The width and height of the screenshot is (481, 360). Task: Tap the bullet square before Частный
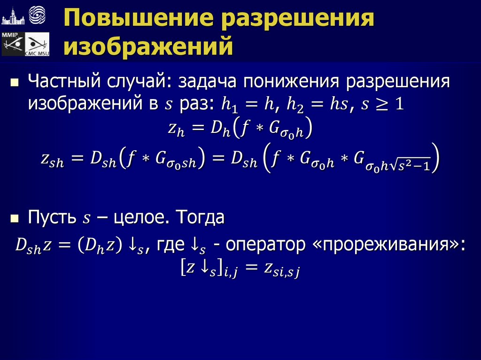coord(15,83)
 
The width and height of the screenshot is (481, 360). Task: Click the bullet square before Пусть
coord(15,218)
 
